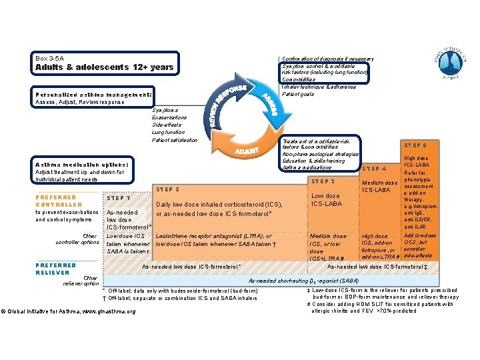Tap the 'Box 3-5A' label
click(x=50, y=59)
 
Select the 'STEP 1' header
click(x=119, y=199)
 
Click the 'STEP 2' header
click(x=167, y=189)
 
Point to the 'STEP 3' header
click(x=323, y=181)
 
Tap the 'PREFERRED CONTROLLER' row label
click(x=59, y=201)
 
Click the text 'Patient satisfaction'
click(x=175, y=140)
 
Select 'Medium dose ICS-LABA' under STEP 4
click(x=379, y=187)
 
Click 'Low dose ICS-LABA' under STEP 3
click(x=325, y=200)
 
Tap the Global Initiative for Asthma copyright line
click(x=69, y=311)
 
